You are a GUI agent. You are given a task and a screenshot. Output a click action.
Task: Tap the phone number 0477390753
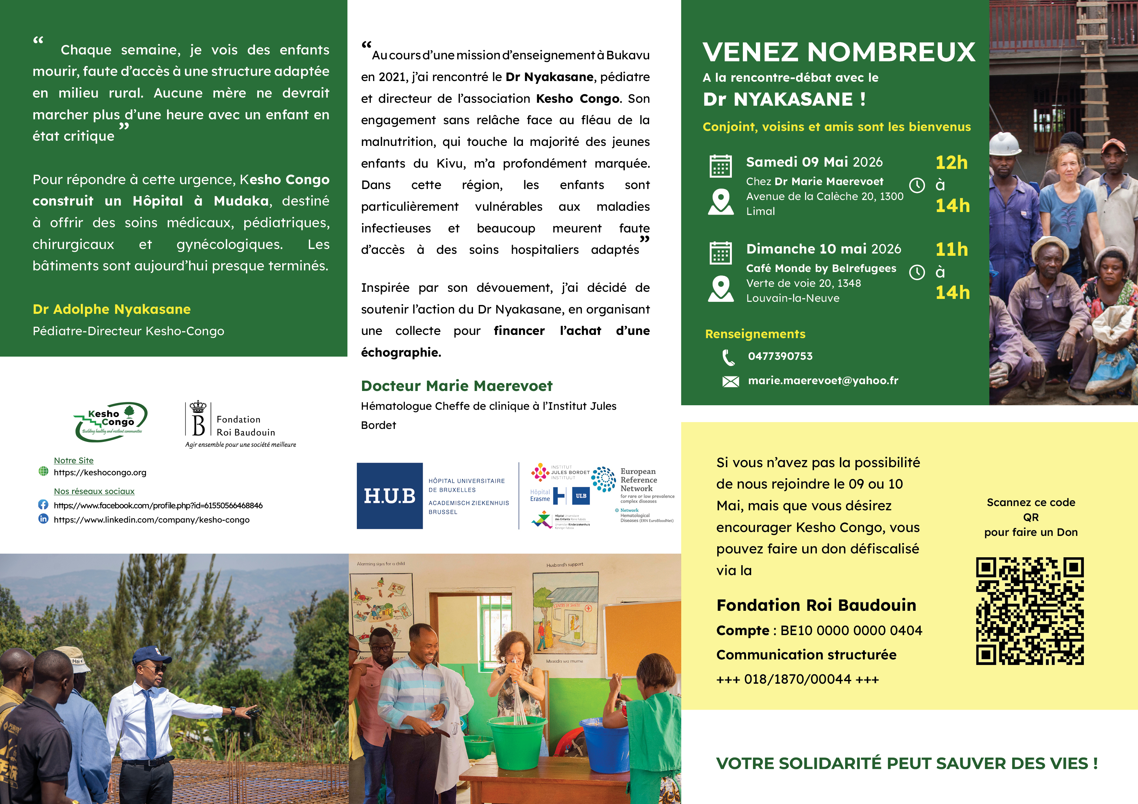pyautogui.click(x=780, y=356)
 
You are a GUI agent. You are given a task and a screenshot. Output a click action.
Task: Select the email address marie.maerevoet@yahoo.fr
pyautogui.click(x=823, y=381)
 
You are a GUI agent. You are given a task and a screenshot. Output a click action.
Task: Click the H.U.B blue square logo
pyautogui.click(x=390, y=496)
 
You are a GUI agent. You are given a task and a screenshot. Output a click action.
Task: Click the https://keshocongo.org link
pyautogui.click(x=100, y=473)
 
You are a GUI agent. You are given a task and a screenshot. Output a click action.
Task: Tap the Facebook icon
pyautogui.click(x=43, y=505)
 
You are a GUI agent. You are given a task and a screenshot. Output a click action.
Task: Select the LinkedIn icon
pyautogui.click(x=43, y=519)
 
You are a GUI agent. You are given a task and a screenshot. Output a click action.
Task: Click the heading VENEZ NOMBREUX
pyautogui.click(x=839, y=52)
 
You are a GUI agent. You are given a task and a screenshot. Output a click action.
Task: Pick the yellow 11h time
pyautogui.click(x=951, y=249)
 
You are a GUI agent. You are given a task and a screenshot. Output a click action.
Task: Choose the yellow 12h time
pyautogui.click(x=951, y=162)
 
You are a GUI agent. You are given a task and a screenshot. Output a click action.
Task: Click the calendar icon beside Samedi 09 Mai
pyautogui.click(x=721, y=166)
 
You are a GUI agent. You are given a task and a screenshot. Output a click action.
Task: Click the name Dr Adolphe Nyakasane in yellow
pyautogui.click(x=112, y=309)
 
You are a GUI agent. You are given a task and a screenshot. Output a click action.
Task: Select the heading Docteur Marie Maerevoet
pyautogui.click(x=456, y=386)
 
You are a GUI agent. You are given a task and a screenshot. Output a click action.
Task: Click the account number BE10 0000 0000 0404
pyautogui.click(x=851, y=631)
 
